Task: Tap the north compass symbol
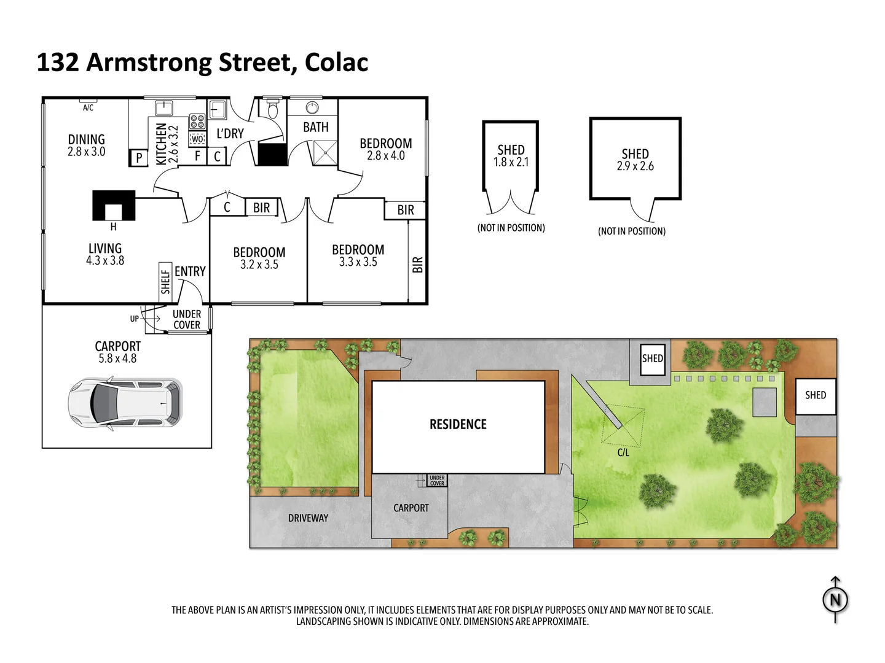[835, 600]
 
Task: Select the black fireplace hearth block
[114, 205]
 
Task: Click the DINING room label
[86, 139]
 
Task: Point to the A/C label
[88, 108]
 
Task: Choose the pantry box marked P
[139, 158]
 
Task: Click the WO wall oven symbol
[197, 139]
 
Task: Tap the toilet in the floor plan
[272, 110]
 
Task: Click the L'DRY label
[230, 133]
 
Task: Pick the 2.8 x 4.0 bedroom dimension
[386, 156]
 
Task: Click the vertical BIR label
[418, 265]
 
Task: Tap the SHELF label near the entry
[165, 281]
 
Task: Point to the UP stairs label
[134, 319]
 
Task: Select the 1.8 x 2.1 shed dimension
[511, 162]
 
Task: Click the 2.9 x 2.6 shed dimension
[635, 166]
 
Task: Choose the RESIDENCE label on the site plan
[458, 424]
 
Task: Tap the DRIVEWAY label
[308, 518]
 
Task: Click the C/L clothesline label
[623, 453]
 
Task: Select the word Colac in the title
[336, 63]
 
